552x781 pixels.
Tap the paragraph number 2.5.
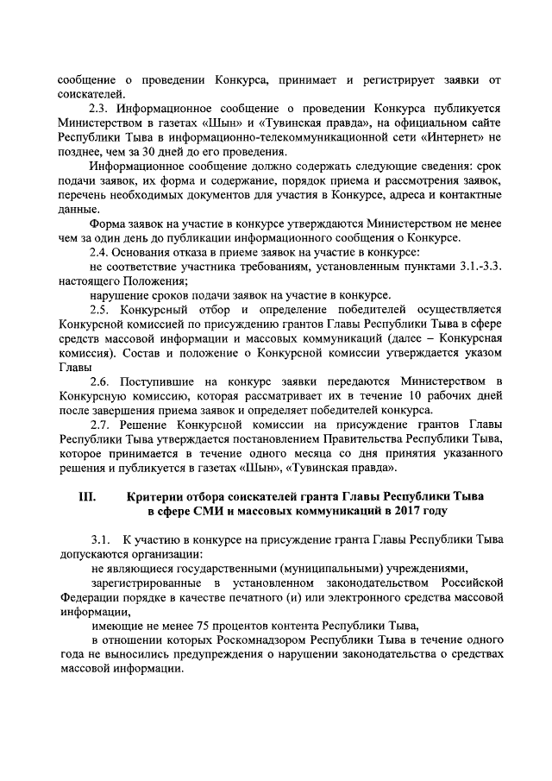[103, 308]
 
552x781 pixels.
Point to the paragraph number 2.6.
[103, 380]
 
